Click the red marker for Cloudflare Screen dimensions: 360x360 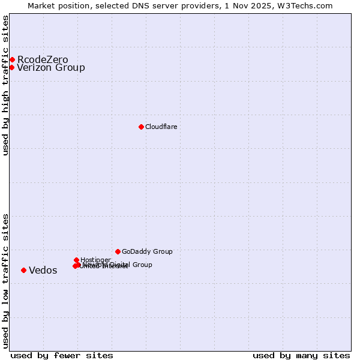tap(141, 127)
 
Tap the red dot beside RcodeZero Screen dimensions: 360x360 tap(12, 59)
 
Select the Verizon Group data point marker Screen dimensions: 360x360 tap(11, 67)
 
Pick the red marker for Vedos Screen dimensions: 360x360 tap(23, 270)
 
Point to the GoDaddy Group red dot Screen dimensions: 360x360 tap(118, 251)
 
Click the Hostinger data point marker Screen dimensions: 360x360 tap(76, 260)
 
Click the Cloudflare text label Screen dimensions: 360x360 tap(161, 127)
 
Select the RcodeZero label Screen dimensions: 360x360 tap(43, 59)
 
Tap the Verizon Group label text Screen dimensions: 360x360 tap(51, 67)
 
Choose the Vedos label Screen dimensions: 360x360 tap(43, 270)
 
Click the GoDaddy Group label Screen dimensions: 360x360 tap(147, 251)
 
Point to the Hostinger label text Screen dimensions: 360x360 tap(95, 260)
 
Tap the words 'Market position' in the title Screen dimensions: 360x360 tap(56, 5)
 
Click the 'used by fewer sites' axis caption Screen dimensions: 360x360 tap(62, 355)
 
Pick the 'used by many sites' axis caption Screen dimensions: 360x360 tap(301, 355)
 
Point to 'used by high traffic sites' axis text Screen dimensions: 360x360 tap(5, 85)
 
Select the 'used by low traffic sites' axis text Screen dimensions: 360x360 tap(5, 281)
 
